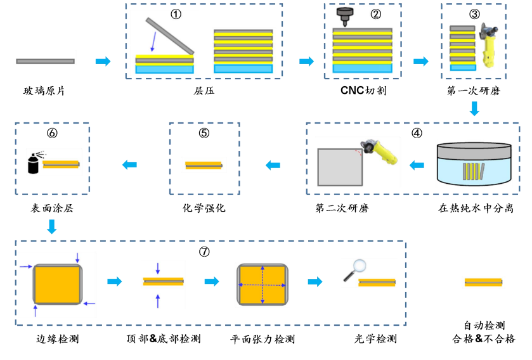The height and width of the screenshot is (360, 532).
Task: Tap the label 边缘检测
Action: tap(57, 339)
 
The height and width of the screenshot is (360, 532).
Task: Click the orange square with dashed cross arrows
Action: tap(262, 284)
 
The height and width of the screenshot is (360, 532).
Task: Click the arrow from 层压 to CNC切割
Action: tap(306, 61)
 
